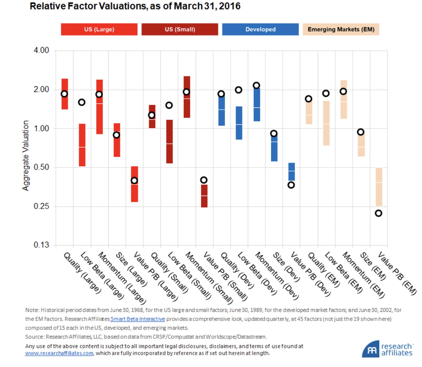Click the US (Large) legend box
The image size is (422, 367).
point(99,29)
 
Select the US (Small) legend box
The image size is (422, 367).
point(180,29)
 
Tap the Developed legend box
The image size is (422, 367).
point(260,29)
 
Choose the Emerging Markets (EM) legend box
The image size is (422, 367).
point(341,29)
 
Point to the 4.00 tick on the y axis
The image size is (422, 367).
point(41,50)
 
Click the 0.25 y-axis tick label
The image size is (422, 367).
point(41,206)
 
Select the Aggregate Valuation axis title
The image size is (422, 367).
point(26,155)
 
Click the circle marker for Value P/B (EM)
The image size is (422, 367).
point(378,213)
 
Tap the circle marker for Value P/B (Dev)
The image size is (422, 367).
point(291,185)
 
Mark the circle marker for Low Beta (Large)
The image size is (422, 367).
point(82,102)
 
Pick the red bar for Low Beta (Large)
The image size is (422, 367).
point(82,145)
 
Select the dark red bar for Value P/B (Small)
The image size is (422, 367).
point(204,196)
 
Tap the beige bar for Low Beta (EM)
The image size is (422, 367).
point(326,123)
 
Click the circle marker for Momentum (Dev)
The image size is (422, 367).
point(256,85)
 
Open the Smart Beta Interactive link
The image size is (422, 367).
point(138,319)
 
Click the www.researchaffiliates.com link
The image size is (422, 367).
point(59,353)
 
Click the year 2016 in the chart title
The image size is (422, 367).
point(230,6)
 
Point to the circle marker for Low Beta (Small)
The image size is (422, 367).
point(169,105)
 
